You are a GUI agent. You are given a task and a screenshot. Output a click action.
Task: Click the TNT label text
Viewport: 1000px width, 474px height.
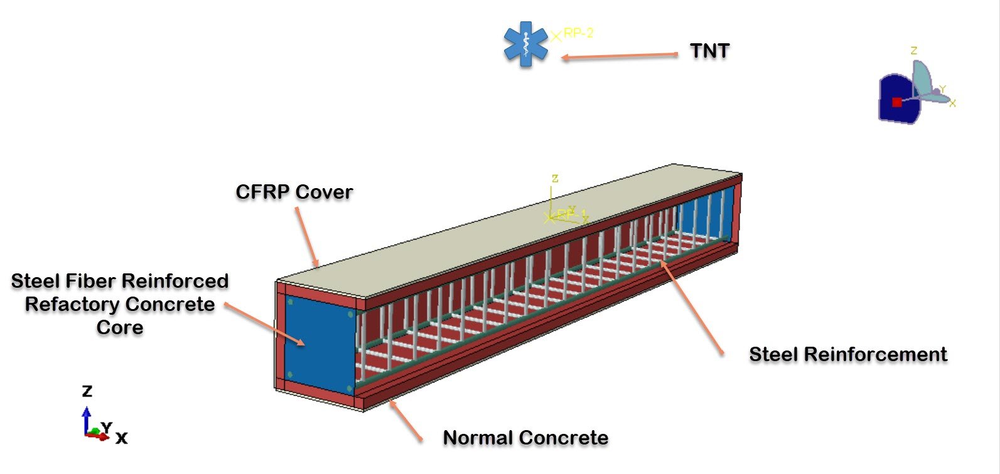709,51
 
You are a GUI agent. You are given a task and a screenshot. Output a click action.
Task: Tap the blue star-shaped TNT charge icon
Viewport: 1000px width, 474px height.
525,43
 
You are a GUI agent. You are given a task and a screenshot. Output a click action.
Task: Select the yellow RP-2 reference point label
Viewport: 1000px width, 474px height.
578,33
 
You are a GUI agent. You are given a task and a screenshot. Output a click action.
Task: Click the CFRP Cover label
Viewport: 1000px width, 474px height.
294,192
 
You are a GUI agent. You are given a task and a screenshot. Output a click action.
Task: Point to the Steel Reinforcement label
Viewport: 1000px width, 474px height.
847,354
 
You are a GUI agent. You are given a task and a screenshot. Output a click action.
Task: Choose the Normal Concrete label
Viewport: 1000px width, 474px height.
525,438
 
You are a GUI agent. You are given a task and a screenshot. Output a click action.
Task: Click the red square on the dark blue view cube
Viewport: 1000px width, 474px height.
897,102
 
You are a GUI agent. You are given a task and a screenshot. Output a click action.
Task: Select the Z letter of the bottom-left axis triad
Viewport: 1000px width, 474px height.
87,391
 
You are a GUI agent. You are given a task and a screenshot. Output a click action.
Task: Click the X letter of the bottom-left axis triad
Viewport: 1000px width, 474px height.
121,438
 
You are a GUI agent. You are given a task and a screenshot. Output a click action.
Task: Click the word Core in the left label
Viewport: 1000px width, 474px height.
119,328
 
